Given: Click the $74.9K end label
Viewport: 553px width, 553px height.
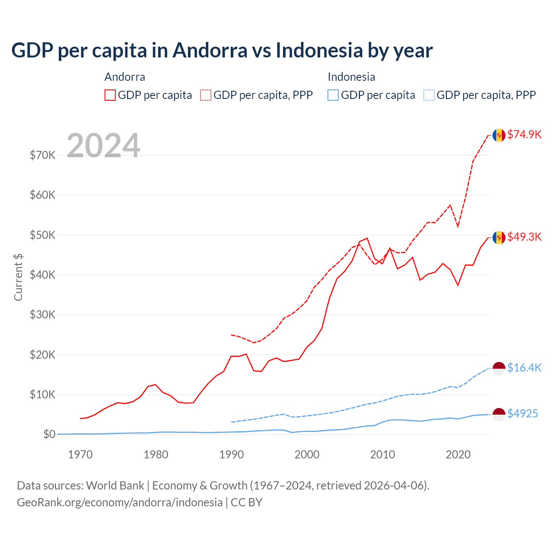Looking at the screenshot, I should click(x=524, y=134).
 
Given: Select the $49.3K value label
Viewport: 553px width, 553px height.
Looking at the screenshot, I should click(x=524, y=237).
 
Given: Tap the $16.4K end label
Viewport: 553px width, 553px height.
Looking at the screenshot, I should click(x=524, y=368).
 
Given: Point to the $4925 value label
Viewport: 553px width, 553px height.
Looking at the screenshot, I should click(x=522, y=413).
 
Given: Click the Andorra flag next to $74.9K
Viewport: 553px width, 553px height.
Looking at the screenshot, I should click(x=499, y=135).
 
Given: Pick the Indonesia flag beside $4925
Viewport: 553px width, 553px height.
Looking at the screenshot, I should click(x=499, y=414).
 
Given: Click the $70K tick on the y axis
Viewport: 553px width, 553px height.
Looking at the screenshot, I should click(x=42, y=155).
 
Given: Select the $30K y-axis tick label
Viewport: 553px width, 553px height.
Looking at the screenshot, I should click(x=42, y=315).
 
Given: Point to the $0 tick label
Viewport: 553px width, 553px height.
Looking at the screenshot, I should click(x=49, y=434).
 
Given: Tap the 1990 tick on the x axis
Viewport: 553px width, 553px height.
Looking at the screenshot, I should click(x=232, y=454).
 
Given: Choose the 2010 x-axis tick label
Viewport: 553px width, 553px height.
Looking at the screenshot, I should click(x=382, y=454).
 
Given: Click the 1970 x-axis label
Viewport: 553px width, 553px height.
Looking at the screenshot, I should click(x=80, y=454).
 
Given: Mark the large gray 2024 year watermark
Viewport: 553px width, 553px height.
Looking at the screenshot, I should click(x=103, y=146).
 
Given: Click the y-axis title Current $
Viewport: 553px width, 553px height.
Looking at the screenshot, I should click(x=18, y=277).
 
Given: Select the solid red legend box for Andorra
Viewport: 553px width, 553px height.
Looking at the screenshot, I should click(x=110, y=95).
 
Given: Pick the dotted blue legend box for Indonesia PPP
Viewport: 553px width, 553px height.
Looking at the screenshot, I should click(x=429, y=95).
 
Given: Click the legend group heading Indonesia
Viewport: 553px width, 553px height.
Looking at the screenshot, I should click(x=351, y=77).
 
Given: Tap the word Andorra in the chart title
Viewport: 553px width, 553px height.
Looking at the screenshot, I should click(x=210, y=50).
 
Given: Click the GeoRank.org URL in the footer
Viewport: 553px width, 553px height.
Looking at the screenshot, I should click(x=120, y=502).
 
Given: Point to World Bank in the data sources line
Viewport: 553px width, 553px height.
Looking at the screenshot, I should click(x=115, y=486).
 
